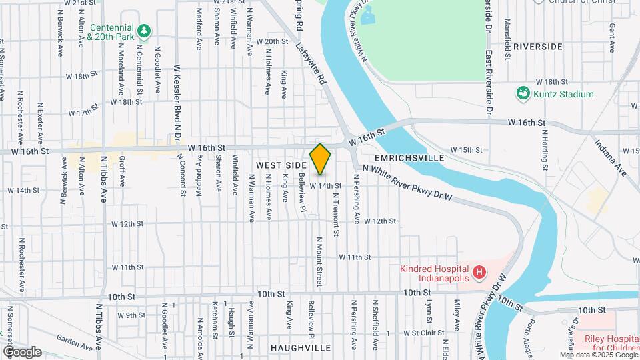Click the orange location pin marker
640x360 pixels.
[320, 159]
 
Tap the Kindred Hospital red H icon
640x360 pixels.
[478, 272]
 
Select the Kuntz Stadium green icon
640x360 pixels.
[523, 94]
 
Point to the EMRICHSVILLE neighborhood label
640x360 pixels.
[409, 158]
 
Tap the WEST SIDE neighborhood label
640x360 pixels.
[281, 163]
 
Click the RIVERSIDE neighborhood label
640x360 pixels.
[538, 47]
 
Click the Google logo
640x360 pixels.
[21, 351]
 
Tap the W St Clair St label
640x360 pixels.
[423, 332]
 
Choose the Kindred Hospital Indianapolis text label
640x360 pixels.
[442, 272]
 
